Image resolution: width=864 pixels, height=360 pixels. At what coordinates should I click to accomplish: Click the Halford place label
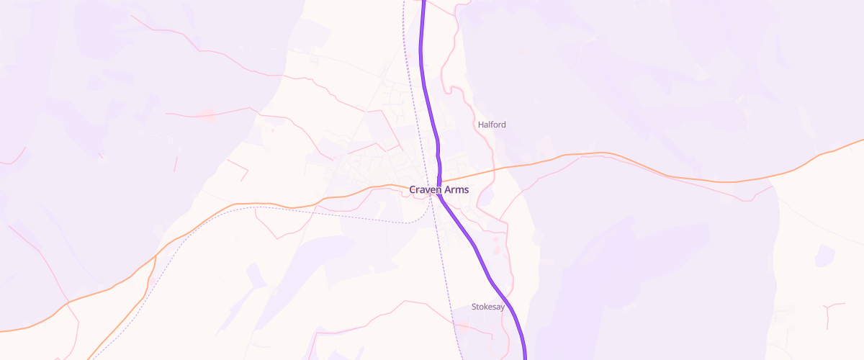click(492, 125)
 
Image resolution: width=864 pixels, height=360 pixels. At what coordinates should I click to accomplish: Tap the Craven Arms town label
click(439, 190)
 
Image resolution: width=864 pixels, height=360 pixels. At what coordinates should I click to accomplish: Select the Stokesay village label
click(489, 307)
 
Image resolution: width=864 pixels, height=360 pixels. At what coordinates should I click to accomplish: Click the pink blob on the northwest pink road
click(207, 114)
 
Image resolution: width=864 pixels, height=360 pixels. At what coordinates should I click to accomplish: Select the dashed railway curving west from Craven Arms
click(288, 211)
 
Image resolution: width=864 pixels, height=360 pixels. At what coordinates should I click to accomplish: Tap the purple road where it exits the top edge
click(423, 2)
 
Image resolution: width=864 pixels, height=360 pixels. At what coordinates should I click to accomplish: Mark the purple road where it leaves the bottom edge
click(525, 357)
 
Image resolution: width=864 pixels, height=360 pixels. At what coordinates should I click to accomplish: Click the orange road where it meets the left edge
click(3, 330)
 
